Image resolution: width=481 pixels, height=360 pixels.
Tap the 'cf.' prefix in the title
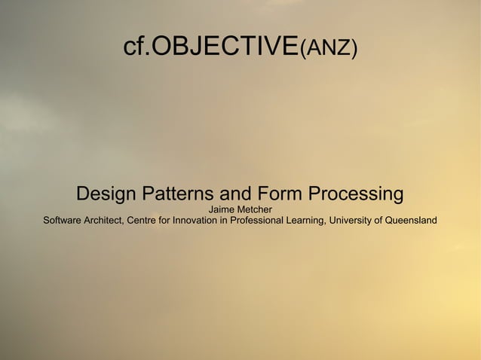tap(137, 47)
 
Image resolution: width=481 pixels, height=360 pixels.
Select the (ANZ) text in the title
tap(328, 48)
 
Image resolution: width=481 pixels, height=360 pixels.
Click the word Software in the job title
tap(64, 221)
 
